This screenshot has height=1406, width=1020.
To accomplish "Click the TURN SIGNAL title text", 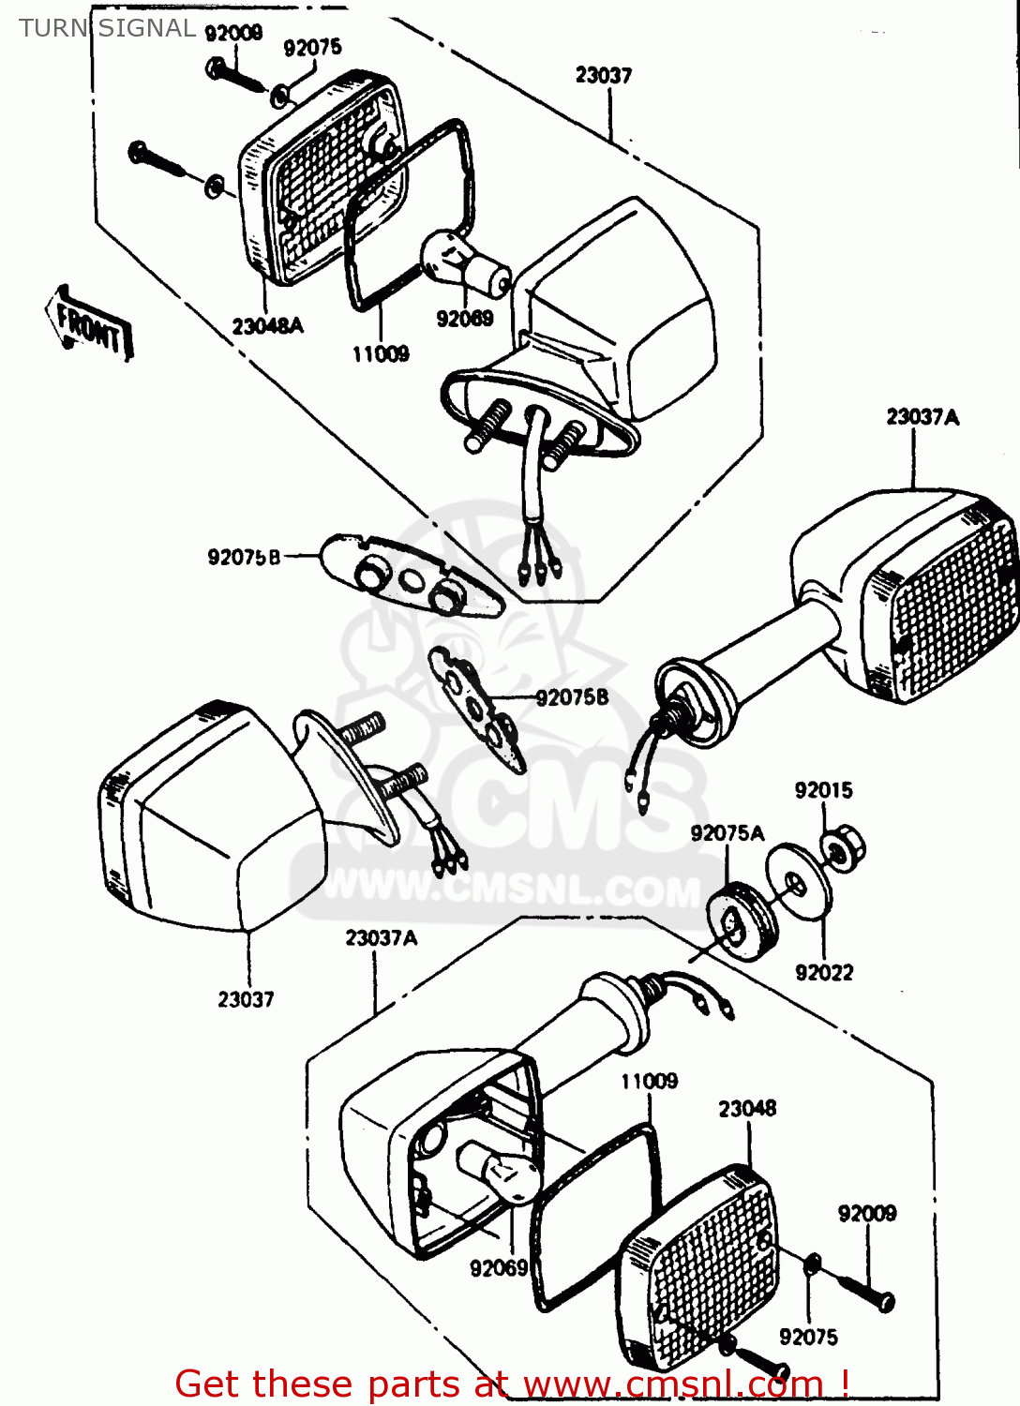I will pos(107,28).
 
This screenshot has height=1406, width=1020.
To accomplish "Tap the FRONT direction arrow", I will pos(90,324).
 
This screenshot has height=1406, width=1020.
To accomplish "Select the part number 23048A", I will pos(267,326).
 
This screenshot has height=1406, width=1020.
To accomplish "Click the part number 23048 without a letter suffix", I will pos(747,1109).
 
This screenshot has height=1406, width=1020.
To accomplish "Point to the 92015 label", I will pos(823,790).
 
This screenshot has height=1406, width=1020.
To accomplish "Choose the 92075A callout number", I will pos(727,833).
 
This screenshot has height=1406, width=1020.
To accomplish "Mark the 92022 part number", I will pos(824,973).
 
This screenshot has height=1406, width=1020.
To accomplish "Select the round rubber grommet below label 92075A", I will pos(742,922).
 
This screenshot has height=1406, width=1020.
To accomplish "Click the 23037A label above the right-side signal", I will pos(922,417).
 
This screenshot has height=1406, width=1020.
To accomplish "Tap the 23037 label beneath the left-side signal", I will pos(246,1000).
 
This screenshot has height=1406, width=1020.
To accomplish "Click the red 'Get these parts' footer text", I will pos(512,1384).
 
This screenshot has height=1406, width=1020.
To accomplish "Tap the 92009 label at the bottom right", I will pos(866,1214).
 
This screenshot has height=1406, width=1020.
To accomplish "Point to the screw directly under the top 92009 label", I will pos(235,75).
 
